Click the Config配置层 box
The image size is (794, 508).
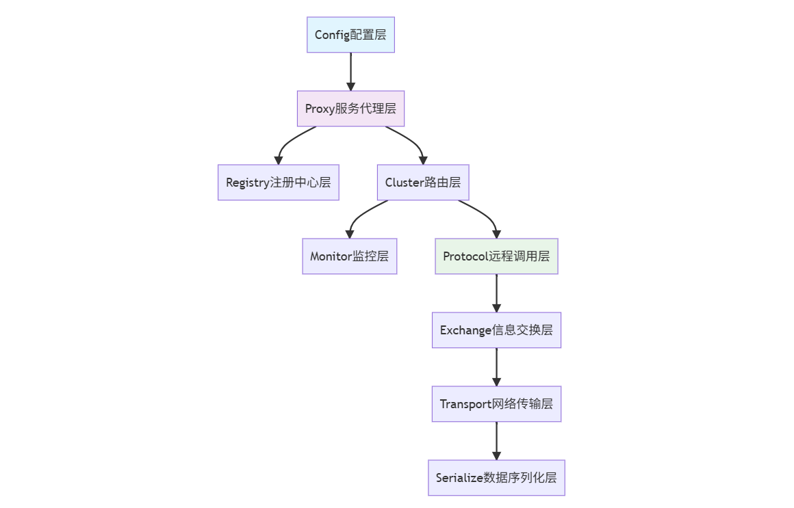350,35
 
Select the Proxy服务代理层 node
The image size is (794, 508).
350,109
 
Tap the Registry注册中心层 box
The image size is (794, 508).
278,183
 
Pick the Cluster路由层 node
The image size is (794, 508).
423,183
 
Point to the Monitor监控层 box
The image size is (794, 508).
349,256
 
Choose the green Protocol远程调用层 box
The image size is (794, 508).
496,256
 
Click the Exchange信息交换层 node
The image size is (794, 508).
496,330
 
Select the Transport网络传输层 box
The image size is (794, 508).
496,404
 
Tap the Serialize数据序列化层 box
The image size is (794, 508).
496,478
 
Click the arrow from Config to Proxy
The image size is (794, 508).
350,71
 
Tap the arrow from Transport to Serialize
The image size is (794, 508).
496,440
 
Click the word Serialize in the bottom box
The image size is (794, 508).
459,478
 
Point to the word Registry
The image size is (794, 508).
247,183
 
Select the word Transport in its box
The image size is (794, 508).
465,404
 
